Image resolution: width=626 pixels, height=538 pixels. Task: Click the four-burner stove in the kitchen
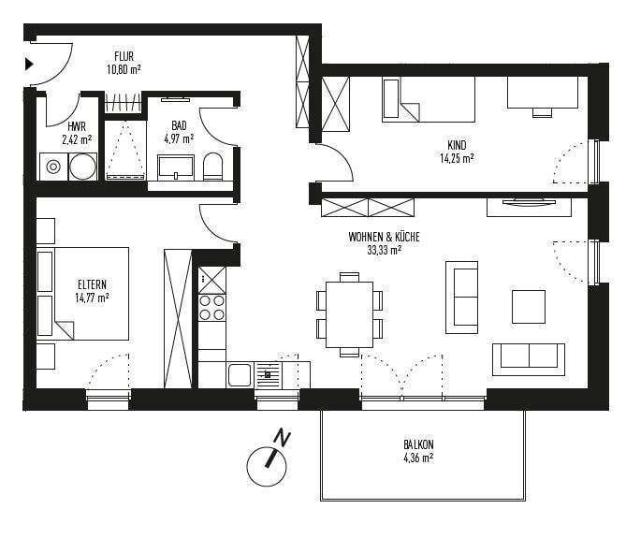pyautogui.click(x=212, y=307)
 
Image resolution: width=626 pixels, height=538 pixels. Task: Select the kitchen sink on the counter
pyautogui.click(x=240, y=375)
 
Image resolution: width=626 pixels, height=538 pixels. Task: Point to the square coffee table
pyautogui.click(x=529, y=306)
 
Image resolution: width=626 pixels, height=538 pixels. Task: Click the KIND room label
pyautogui.click(x=458, y=145)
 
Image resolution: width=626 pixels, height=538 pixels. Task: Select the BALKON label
pyautogui.click(x=418, y=445)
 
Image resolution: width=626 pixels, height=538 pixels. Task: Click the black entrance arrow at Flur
pyautogui.click(x=29, y=64)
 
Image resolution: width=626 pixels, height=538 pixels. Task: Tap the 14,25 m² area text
pyautogui.click(x=458, y=158)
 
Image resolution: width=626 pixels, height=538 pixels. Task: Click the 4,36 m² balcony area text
pyautogui.click(x=418, y=458)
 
